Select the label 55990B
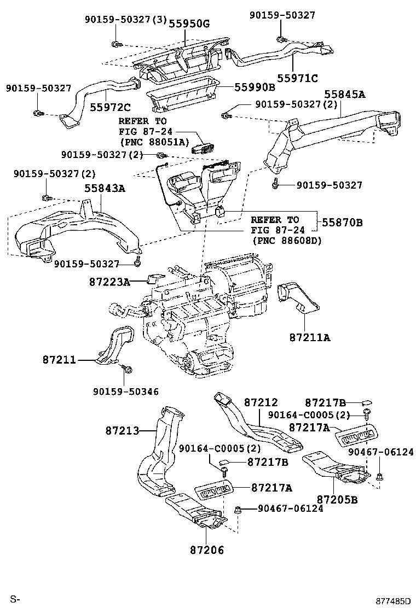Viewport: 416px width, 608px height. [255, 87]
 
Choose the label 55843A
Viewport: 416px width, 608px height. [105, 189]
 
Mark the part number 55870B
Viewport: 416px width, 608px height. [343, 223]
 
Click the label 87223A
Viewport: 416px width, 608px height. [109, 282]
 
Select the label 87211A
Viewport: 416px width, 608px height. [310, 337]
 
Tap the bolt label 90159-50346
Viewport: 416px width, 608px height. [125, 391]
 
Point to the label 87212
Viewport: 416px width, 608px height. [261, 402]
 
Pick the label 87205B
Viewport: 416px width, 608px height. [337, 500]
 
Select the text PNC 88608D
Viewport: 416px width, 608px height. [286, 241]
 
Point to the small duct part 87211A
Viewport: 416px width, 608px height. [298, 299]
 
